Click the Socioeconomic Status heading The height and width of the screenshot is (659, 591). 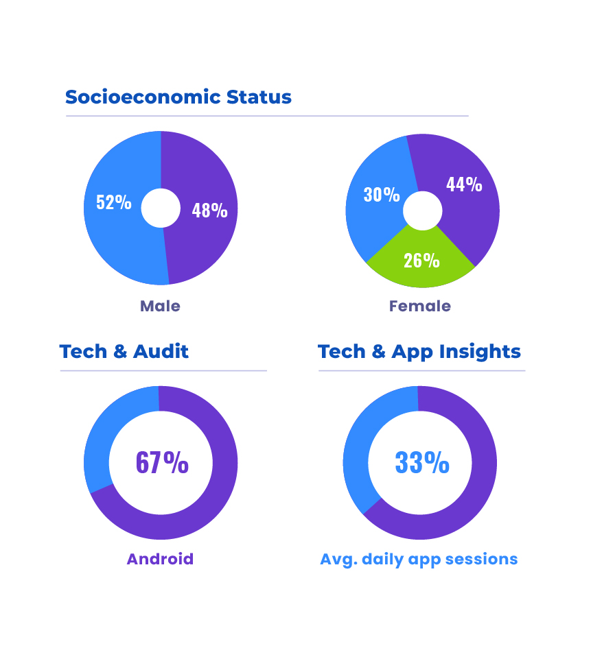coord(178,97)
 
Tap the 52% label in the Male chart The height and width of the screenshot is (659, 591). coord(114,202)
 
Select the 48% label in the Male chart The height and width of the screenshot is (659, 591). coord(209,210)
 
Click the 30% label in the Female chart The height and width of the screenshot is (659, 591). coord(382,195)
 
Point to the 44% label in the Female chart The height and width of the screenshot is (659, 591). coord(464,184)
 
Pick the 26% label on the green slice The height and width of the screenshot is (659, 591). coord(421,261)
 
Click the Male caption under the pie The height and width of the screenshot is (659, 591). coord(160,306)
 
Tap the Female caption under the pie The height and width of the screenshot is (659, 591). coord(420,306)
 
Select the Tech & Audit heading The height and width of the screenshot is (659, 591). coord(124,352)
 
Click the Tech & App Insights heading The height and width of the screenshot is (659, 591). coord(419,352)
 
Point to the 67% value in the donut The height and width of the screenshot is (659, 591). coord(162,462)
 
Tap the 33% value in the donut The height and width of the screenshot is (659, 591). coord(422,462)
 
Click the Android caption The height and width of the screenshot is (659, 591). coord(160,559)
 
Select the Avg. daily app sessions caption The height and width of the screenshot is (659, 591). coord(419,559)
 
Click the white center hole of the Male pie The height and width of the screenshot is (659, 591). coord(161,208)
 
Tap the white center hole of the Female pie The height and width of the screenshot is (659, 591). coord(422,211)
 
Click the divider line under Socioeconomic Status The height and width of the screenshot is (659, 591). coord(267,116)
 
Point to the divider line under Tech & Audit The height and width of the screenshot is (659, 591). coord(163,371)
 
